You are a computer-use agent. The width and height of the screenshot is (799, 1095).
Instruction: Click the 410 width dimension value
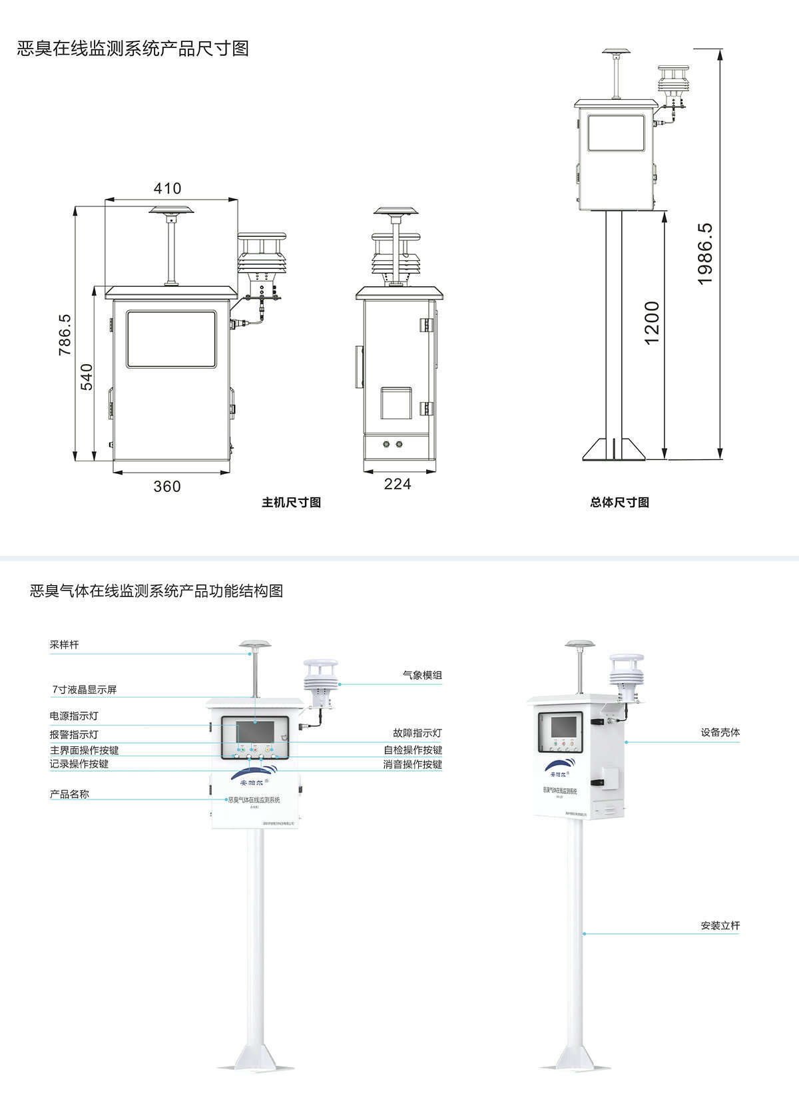[x=167, y=188]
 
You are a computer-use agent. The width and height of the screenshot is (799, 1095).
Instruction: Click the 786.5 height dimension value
[x=65, y=334]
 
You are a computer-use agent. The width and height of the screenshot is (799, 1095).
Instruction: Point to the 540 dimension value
[x=87, y=377]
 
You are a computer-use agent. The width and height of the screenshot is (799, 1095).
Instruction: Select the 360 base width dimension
[x=167, y=487]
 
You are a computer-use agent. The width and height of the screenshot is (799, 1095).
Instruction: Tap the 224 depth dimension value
[x=398, y=484]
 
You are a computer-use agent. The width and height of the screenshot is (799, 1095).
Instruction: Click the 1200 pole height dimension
[x=652, y=323]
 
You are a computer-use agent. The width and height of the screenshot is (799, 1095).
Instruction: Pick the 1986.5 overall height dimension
[x=705, y=254]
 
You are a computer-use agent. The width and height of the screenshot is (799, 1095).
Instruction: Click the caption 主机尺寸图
[x=291, y=503]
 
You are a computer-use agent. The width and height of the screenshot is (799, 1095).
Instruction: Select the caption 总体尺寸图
[x=619, y=503]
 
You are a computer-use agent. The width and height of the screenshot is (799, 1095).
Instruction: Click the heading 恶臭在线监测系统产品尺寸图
[x=133, y=49]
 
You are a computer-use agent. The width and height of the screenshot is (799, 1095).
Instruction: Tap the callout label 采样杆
[x=64, y=645]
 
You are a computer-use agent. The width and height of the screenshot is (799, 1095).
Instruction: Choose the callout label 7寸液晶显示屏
[x=85, y=690]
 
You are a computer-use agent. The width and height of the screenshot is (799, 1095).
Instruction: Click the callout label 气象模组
[x=422, y=675]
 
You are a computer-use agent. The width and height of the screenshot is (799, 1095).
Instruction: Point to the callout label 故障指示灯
[x=417, y=733]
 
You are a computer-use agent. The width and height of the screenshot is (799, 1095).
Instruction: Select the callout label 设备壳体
[x=720, y=732]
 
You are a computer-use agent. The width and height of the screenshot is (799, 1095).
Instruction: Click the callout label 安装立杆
[x=720, y=925]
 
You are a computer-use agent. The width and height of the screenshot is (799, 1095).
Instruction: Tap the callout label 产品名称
[x=69, y=794]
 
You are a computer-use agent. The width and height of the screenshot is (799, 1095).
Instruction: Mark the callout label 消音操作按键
[x=412, y=764]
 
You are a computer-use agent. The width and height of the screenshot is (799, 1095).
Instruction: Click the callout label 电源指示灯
[x=74, y=716]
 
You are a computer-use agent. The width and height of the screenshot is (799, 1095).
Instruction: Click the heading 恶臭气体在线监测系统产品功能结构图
[x=156, y=590]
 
